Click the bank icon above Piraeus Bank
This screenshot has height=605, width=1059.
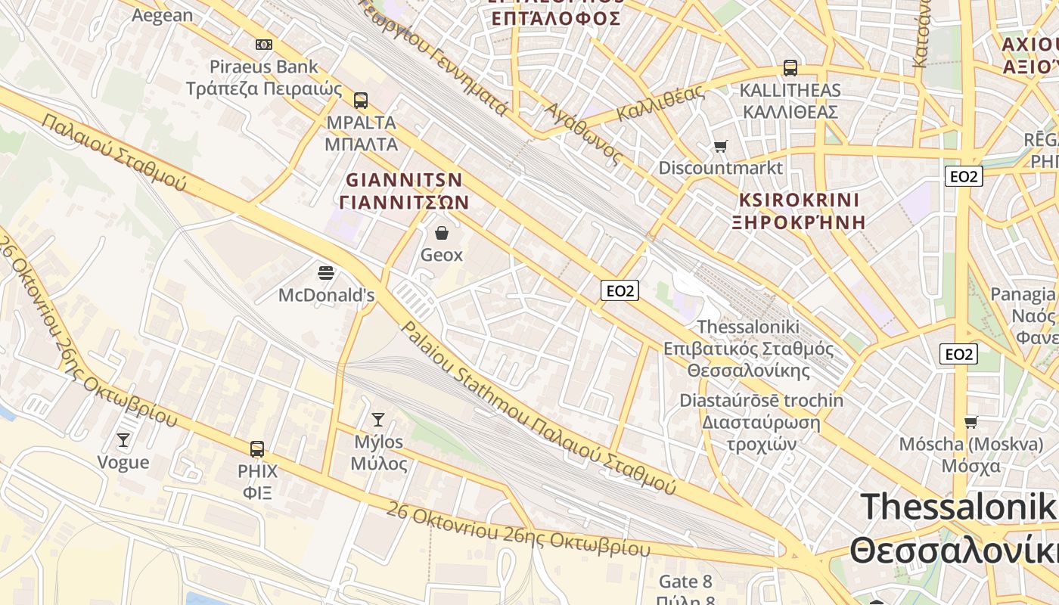tap(264, 45)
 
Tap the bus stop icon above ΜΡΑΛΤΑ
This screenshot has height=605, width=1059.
tap(361, 100)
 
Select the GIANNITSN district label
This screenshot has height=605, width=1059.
tap(404, 181)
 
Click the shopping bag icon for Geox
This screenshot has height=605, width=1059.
tap(442, 233)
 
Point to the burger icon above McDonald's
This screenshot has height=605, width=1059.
tap(326, 273)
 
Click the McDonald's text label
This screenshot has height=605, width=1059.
tap(326, 295)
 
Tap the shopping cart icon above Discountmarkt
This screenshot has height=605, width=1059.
tap(721, 145)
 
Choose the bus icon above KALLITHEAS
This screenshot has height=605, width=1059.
tap(790, 68)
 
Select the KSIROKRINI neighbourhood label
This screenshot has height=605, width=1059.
tap(799, 200)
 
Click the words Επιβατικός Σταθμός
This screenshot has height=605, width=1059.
tap(748, 349)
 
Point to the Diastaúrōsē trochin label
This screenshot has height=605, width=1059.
tap(761, 400)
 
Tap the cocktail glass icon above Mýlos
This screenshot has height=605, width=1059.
tap(378, 420)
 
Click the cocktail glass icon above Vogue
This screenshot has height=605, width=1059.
tap(123, 440)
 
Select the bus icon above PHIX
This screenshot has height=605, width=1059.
tap(257, 449)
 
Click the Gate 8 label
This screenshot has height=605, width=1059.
tap(685, 582)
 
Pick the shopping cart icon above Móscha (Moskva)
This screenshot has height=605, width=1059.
tap(971, 422)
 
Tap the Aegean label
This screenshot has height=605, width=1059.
tap(162, 16)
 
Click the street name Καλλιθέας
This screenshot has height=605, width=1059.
tap(660, 104)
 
